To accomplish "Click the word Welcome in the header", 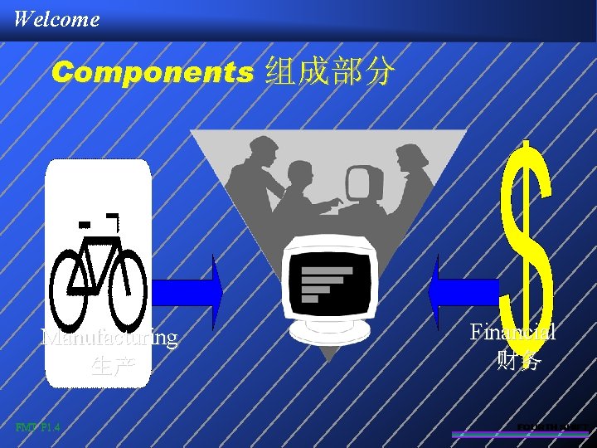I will (56, 18).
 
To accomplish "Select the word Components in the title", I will (152, 73).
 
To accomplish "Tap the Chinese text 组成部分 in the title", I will (329, 73).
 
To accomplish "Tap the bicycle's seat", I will (84, 224).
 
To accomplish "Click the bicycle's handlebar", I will (114, 220).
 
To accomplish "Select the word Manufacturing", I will (109, 338).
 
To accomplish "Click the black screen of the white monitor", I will (328, 278).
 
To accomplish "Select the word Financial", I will (512, 332).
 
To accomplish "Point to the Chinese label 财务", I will (519, 360).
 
